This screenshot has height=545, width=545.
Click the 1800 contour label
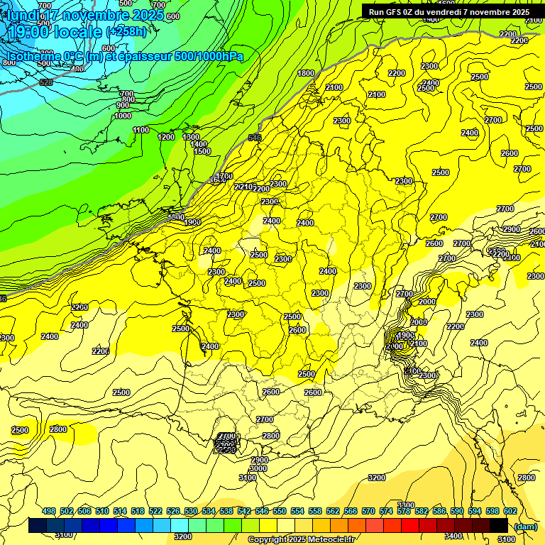[306, 73]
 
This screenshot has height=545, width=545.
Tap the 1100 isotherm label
[141, 130]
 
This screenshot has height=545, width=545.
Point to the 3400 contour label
[453, 536]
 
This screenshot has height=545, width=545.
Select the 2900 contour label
[510, 230]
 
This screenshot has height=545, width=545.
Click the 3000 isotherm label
[258, 468]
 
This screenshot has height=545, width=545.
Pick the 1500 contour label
[202, 151]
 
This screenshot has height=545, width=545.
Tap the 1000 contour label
[122, 116]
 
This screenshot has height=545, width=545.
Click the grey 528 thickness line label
[46, 82]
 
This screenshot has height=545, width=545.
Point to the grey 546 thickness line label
[255, 138]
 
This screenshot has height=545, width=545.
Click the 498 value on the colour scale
[48, 511]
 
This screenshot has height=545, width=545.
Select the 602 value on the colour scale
[509, 511]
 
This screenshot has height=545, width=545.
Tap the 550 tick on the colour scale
[279, 511]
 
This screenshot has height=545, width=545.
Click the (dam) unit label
[525, 526]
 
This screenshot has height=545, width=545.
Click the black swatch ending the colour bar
[498, 525]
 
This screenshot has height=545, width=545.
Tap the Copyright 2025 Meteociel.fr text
[301, 540]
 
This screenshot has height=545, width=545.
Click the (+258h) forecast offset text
[126, 32]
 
